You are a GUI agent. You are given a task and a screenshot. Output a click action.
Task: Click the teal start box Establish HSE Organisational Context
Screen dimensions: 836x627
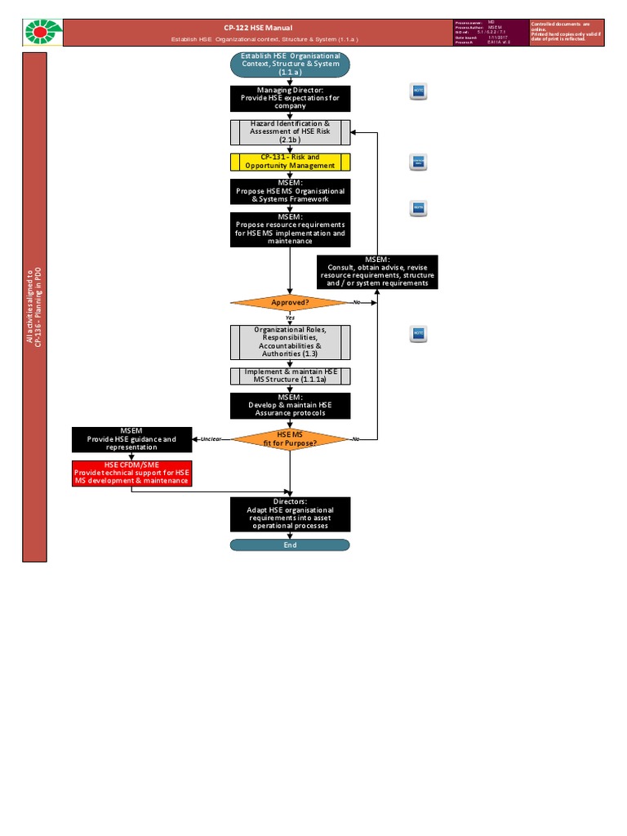tap(290, 64)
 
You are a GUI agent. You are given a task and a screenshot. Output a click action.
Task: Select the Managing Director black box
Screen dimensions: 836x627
tap(290, 98)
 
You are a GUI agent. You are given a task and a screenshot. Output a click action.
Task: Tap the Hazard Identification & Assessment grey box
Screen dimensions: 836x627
tap(290, 131)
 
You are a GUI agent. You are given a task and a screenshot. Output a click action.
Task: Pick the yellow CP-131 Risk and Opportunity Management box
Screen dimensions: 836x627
tap(290, 161)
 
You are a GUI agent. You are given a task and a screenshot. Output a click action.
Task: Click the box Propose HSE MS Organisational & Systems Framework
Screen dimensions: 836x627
tap(290, 191)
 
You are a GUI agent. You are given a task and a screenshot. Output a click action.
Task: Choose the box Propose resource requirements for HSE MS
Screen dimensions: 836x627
tap(290, 229)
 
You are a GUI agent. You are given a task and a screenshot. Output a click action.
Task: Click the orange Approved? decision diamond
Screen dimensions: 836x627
tap(290, 302)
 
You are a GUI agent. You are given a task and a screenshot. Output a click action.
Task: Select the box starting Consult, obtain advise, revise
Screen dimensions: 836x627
tap(377, 271)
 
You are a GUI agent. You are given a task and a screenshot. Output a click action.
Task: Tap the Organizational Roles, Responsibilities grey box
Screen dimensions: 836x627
tap(290, 342)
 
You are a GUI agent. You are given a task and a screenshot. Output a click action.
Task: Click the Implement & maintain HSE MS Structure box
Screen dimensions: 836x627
tap(290, 376)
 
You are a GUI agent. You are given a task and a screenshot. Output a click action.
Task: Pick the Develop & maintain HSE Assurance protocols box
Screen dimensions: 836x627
tap(290, 406)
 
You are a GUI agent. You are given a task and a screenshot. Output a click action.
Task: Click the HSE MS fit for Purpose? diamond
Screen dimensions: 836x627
tap(290, 439)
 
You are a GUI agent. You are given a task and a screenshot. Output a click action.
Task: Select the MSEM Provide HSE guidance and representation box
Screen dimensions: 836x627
tap(132, 438)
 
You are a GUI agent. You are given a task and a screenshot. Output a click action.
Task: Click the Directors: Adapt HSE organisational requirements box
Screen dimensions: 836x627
tap(290, 514)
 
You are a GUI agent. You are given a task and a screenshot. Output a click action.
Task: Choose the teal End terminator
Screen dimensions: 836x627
tap(290, 545)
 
